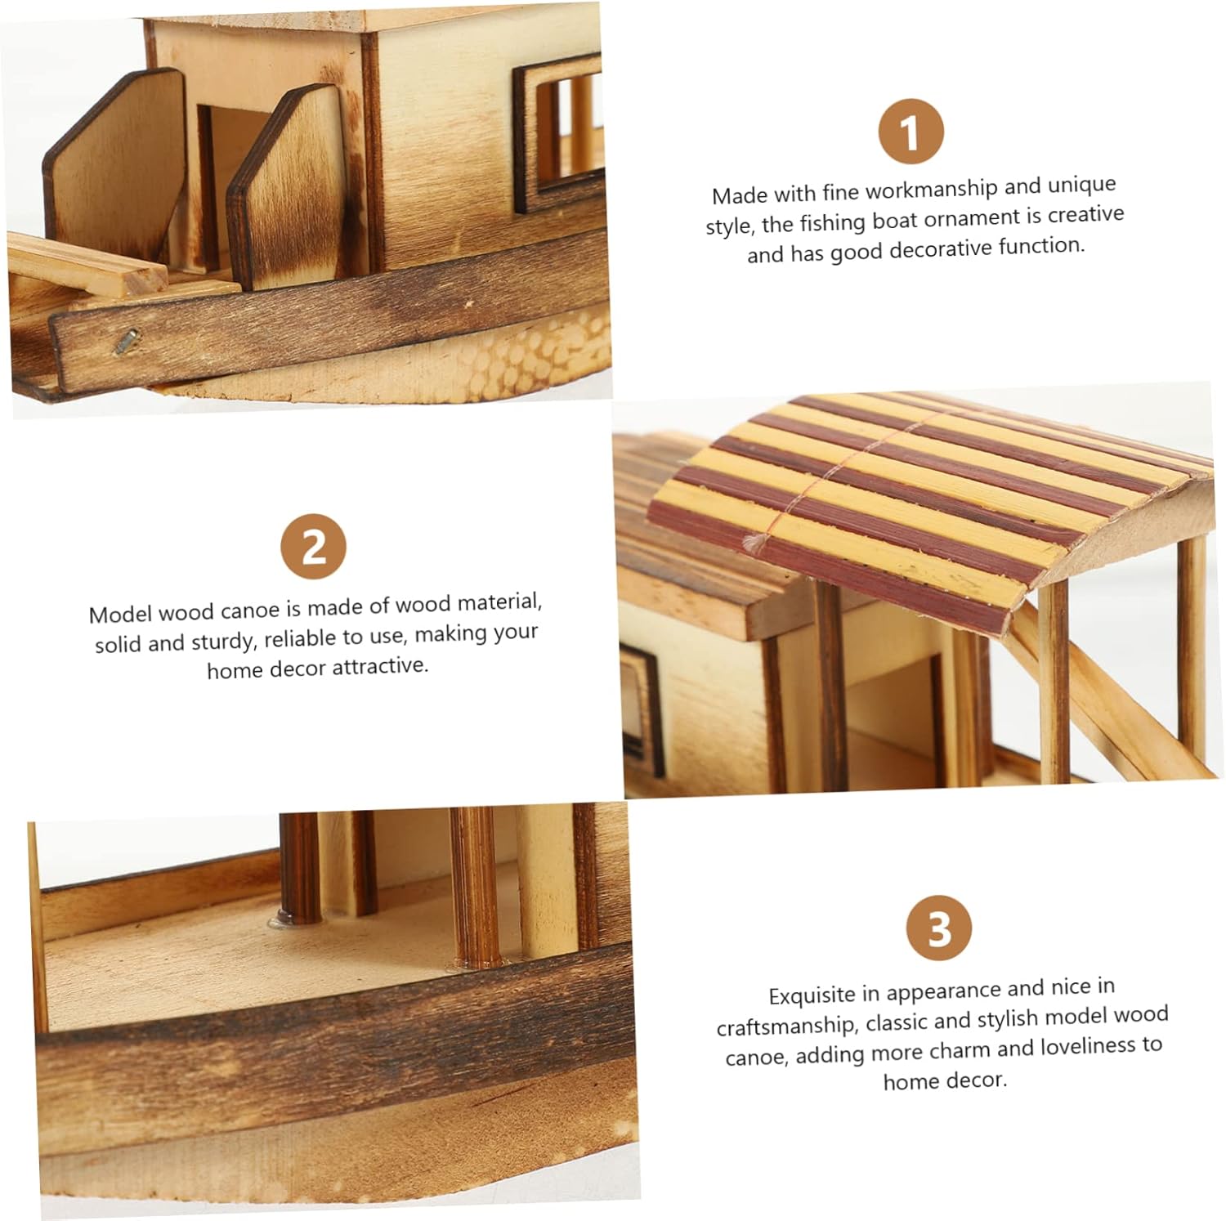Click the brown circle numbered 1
(x=911, y=132)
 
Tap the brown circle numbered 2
(x=314, y=547)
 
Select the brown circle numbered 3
(x=939, y=929)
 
